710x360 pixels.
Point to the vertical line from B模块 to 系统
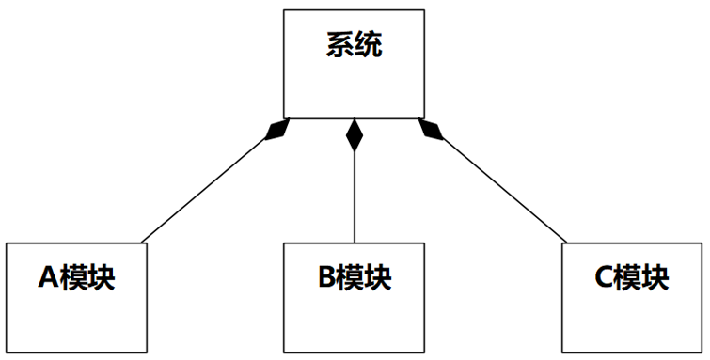pos(355,197)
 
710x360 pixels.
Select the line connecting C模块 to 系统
pos(503,188)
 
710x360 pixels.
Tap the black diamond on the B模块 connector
pos(355,136)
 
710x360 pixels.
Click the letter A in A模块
pos(49,278)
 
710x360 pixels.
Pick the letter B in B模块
pos(326,278)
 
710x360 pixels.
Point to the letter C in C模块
pos(605,278)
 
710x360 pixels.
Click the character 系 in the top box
pos(340,45)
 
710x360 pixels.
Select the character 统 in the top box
pos(369,45)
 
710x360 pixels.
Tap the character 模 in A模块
pos(75,278)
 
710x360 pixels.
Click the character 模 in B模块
pos(352,278)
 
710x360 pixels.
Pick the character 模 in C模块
pos(630,278)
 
